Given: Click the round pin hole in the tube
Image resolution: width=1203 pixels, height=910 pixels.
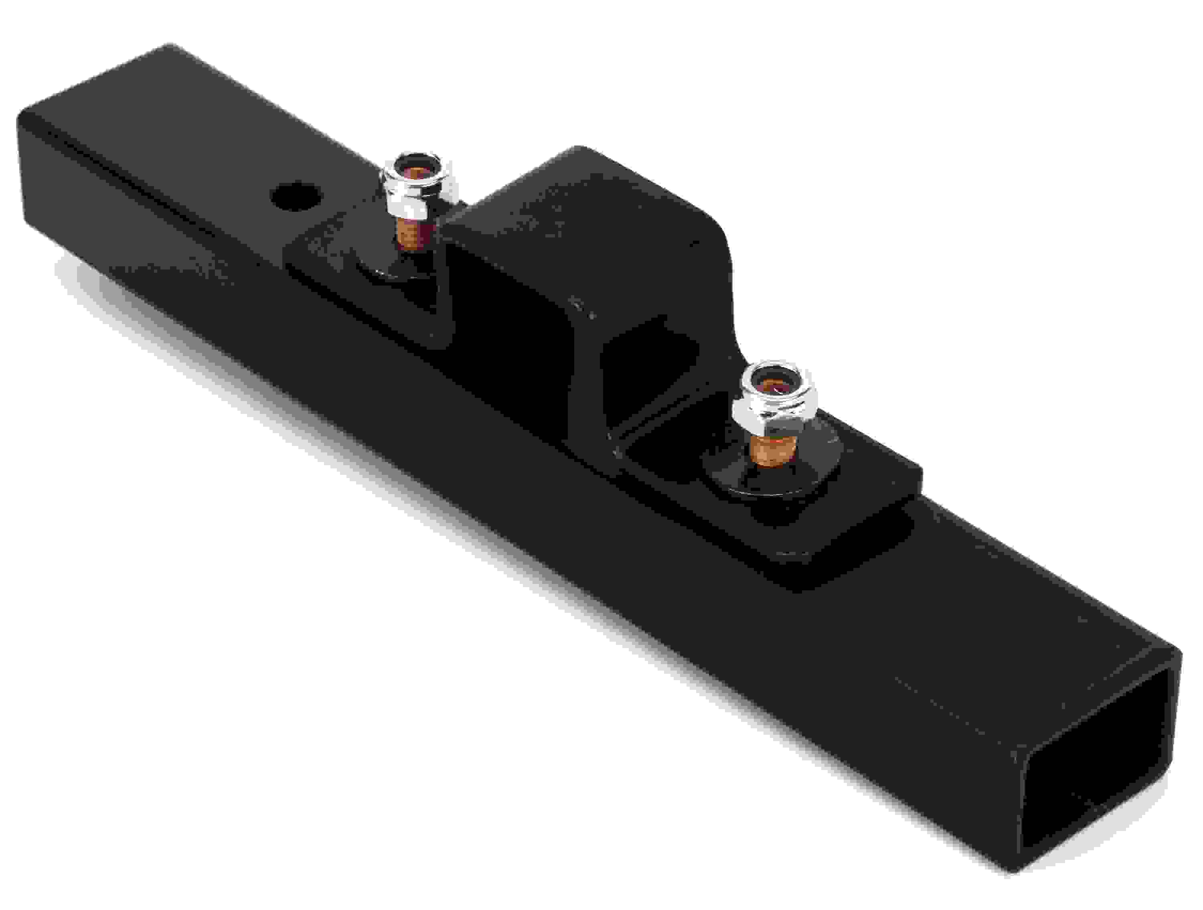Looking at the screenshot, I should [296, 197].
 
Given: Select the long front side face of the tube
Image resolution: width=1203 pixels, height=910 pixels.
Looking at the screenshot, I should [490, 490].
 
